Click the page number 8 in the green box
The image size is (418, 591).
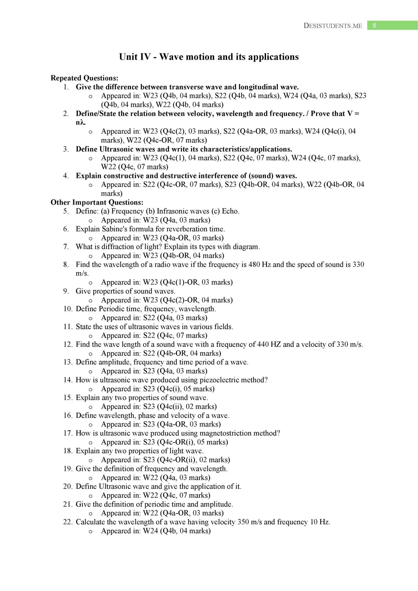coord(374,26)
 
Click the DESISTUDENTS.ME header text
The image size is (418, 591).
coord(333,26)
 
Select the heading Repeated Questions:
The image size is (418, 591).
coord(84,78)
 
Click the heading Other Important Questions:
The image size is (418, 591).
coord(97,202)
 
